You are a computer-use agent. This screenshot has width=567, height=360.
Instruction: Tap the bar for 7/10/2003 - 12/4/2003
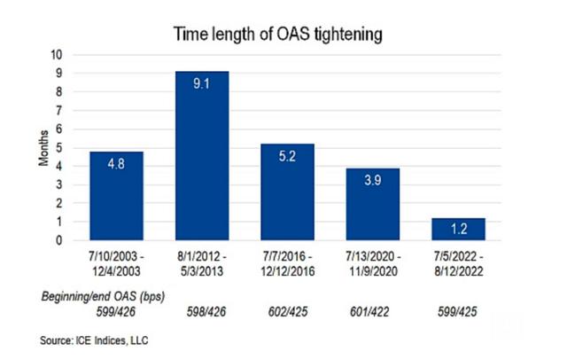click(116, 195)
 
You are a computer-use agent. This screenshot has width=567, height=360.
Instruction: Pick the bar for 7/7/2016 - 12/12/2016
click(287, 192)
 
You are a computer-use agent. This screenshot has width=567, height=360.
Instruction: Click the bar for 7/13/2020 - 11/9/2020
click(372, 204)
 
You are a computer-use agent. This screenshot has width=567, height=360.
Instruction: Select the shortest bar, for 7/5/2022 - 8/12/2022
click(458, 229)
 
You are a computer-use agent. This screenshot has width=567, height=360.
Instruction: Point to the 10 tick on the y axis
click(56, 54)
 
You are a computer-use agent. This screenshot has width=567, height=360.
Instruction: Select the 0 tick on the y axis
click(58, 240)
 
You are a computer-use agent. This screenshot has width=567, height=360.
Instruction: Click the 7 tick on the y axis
click(58, 110)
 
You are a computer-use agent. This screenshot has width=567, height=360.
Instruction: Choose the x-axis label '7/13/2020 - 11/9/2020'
click(373, 262)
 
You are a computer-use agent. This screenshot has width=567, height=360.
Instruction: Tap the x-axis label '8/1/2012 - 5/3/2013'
click(202, 262)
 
